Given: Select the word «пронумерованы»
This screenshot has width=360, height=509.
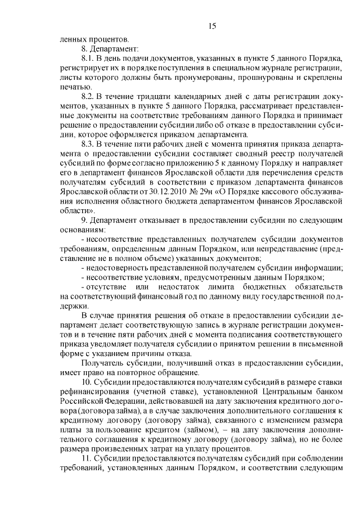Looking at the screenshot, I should [199, 77].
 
